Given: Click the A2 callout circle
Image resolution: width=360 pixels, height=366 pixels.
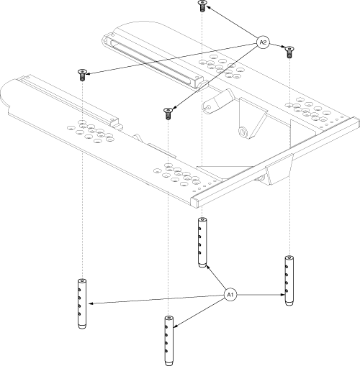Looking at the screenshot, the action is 263,42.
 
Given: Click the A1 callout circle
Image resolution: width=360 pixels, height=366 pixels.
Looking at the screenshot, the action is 230,295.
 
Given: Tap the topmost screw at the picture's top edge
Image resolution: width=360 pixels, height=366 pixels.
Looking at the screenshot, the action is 202,6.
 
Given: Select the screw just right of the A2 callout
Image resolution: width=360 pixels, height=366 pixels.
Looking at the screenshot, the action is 289,52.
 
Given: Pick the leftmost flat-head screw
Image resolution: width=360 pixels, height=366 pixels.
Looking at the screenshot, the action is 82,75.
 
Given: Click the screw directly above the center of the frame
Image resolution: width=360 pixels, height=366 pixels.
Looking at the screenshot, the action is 168,114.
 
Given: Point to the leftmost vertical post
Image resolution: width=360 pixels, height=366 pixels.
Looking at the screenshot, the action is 82,304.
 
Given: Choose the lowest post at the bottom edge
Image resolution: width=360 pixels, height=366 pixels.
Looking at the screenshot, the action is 169,341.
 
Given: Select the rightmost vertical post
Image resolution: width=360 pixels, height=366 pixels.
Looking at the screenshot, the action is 289,280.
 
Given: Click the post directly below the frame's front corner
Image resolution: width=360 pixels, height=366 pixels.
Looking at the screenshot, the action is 202,242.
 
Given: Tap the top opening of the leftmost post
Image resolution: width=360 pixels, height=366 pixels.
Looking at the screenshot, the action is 82,280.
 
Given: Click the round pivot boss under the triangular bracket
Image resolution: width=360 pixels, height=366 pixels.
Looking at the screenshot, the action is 243,132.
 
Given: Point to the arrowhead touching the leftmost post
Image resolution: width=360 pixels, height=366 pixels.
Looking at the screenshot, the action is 91,303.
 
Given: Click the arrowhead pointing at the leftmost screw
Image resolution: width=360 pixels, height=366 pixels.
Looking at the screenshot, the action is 86,73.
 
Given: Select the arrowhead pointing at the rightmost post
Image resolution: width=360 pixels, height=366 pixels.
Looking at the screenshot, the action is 283,295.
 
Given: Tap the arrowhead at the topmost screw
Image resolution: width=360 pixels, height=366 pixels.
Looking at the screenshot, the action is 208,7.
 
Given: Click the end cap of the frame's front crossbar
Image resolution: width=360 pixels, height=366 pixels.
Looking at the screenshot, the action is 195,201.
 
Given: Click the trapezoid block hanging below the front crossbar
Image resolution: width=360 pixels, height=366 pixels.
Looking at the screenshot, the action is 279,170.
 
